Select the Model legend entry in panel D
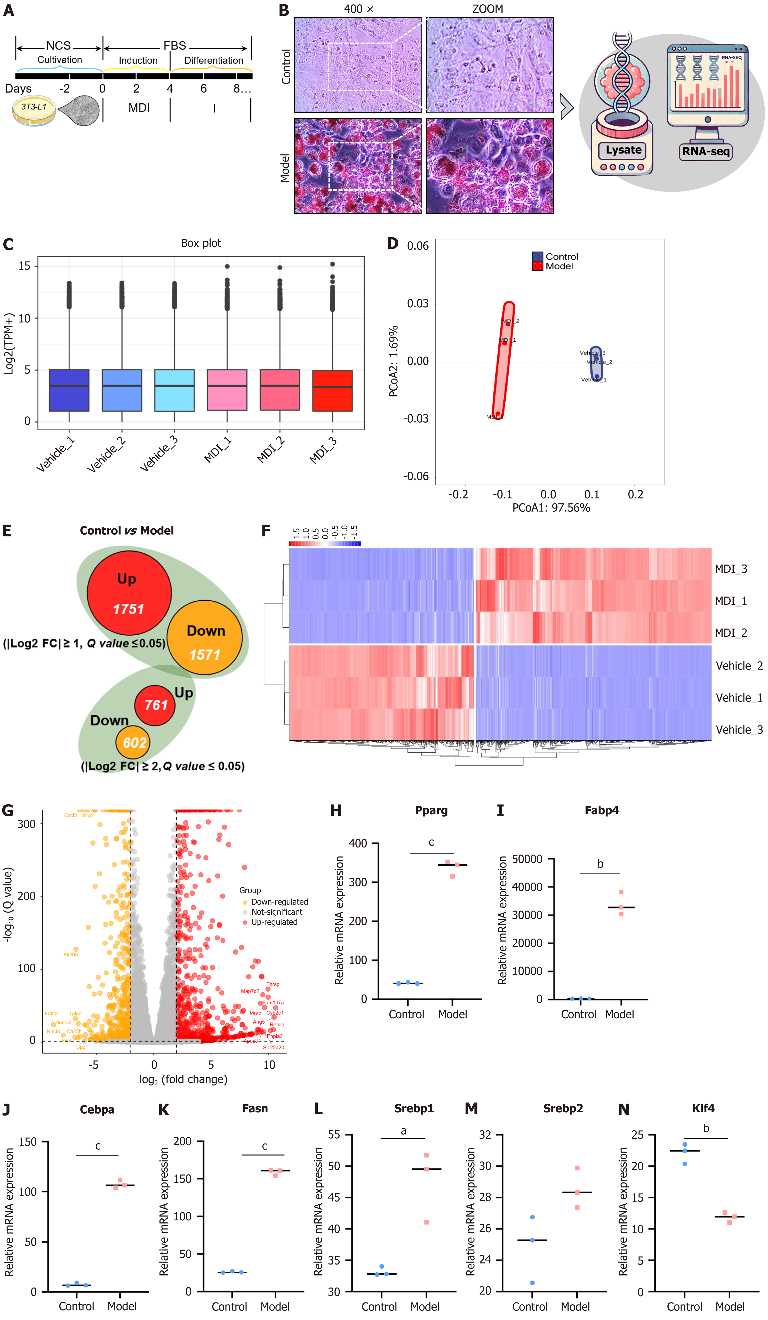coord(559,266)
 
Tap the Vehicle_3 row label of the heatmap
coord(739,730)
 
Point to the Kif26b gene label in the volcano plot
coord(70,954)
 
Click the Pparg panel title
coord(431,810)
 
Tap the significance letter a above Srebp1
coord(403,1130)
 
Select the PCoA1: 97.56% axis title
coord(551,508)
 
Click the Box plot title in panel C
coord(201,243)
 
